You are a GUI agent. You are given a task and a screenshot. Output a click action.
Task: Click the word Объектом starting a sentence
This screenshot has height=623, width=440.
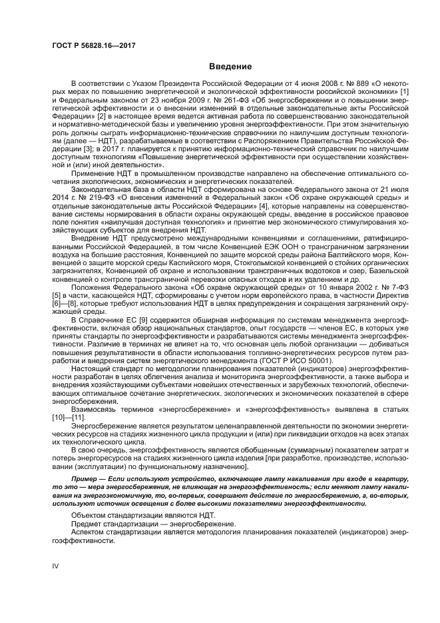tap(89, 516)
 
